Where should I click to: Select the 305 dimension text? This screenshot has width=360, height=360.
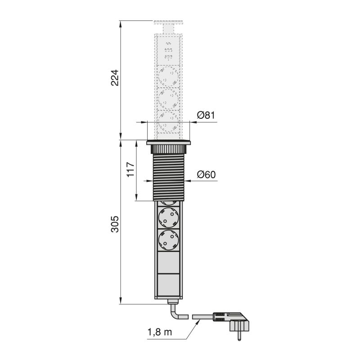[x=115, y=224]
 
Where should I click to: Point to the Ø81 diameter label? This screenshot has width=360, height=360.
[x=206, y=115]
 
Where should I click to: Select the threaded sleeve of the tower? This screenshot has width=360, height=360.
[x=169, y=177]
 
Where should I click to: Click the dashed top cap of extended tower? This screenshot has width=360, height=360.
[x=169, y=22]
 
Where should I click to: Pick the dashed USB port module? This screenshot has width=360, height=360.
[x=169, y=50]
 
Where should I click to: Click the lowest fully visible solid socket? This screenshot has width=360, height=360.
[x=169, y=240]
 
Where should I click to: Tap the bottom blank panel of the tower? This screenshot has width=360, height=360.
[x=169, y=286]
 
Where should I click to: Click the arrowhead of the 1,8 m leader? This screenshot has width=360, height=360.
[x=196, y=321]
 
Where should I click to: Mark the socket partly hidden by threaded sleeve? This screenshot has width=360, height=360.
[x=169, y=202]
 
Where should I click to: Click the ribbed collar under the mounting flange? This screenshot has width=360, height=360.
[x=169, y=148]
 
